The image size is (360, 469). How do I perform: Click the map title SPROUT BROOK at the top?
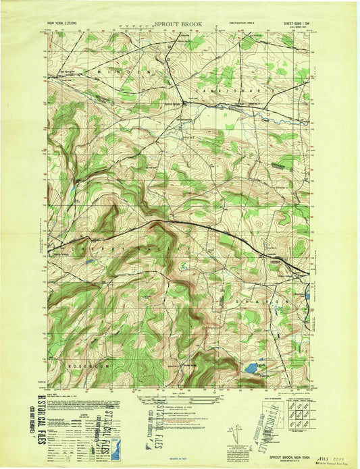[x=178, y=24]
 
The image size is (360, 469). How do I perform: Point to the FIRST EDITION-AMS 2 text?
[x=243, y=23]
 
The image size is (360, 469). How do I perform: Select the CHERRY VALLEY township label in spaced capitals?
[x=101, y=250]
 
